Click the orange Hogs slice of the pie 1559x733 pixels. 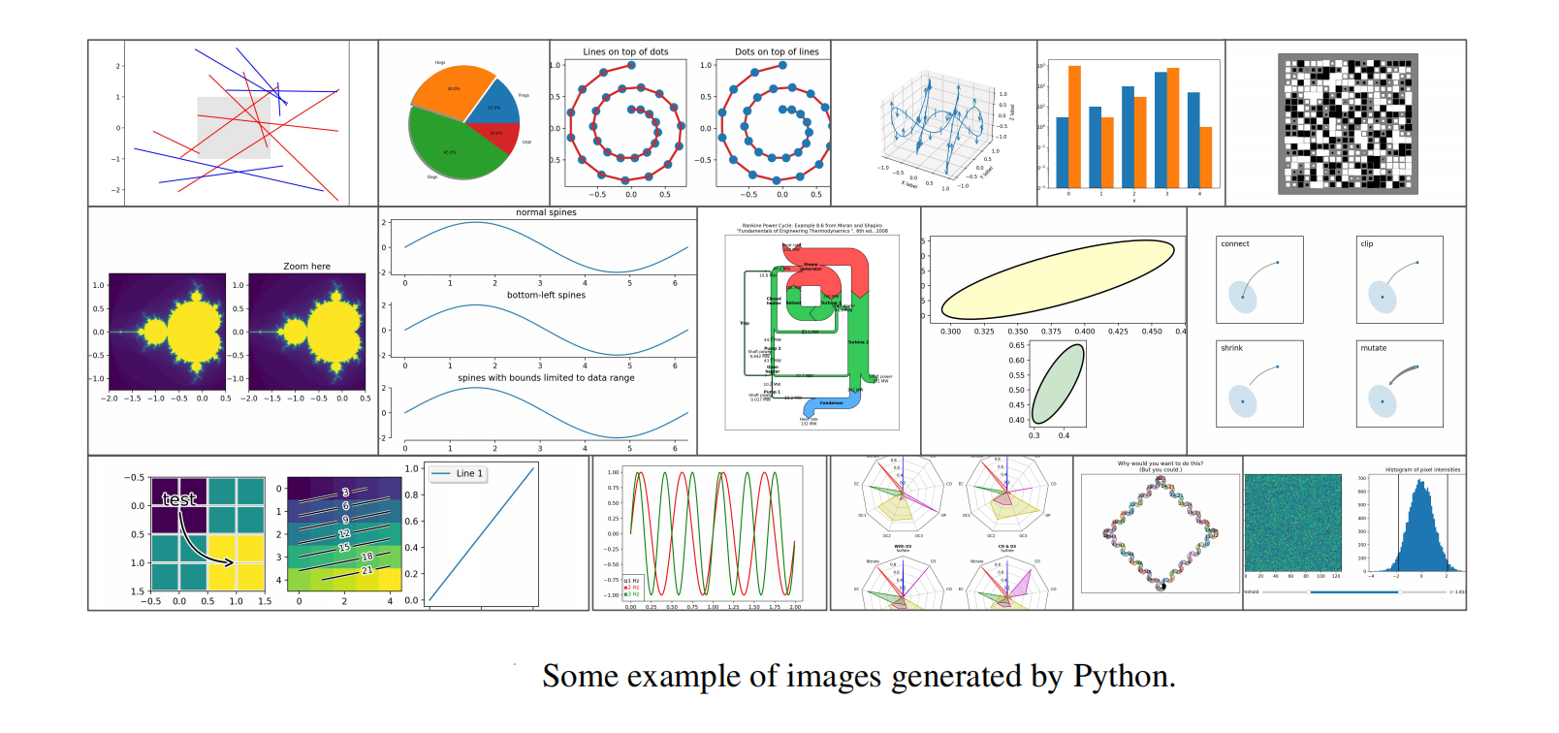(451, 92)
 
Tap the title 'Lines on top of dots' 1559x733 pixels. (625, 52)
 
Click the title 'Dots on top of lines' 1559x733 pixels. (777, 52)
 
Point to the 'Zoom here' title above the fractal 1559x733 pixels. (306, 267)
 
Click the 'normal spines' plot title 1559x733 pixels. (546, 212)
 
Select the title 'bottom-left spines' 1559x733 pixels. (546, 295)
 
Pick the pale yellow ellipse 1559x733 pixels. (1057, 278)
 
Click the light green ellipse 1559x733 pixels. (1058, 383)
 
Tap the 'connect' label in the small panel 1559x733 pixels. (1234, 244)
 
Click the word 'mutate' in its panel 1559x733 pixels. (1373, 348)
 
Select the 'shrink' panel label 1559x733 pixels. (1231, 348)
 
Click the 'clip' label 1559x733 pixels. (1366, 244)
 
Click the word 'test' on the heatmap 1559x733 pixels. (179, 499)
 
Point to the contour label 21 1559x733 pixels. (366, 570)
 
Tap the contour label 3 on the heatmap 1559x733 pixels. (345, 493)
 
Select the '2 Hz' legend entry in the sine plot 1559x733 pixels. (632, 588)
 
